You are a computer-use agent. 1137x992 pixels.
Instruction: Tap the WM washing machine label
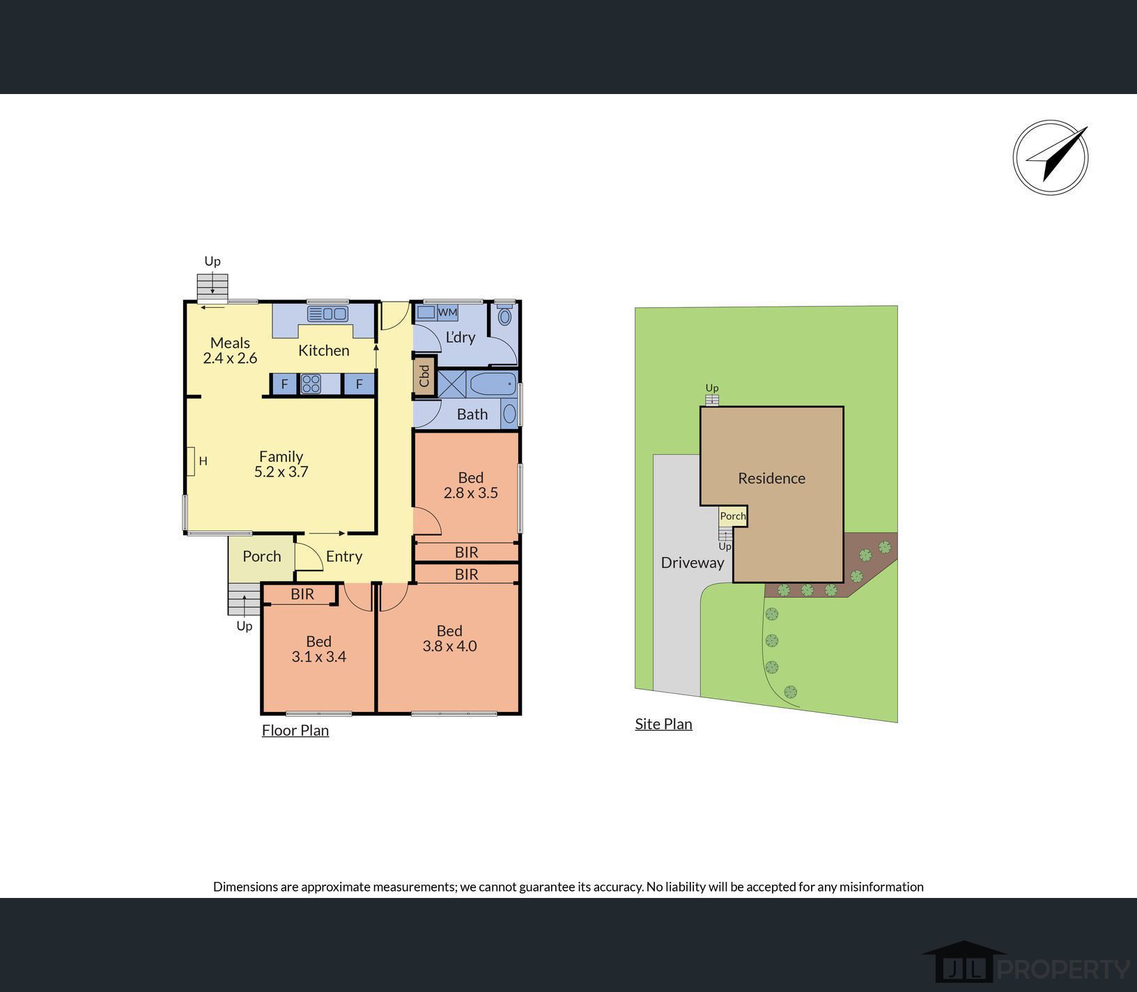coord(447,312)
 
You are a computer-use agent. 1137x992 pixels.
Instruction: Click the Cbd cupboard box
coord(424,376)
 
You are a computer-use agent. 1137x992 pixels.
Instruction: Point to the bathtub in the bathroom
coord(493,384)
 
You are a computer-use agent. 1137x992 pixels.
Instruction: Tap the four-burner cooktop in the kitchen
coord(311,384)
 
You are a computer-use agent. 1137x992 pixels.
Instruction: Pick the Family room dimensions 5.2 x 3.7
coord(281,472)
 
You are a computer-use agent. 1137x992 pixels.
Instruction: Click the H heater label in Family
coord(203,460)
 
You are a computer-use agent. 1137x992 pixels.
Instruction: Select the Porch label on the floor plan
coord(262,556)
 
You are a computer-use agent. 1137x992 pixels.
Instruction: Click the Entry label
coord(344,556)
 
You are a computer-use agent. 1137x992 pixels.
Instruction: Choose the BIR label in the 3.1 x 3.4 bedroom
coord(302,594)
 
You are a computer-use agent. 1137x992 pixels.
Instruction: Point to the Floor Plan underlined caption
coord(295,730)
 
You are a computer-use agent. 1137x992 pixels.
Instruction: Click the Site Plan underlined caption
coord(663,724)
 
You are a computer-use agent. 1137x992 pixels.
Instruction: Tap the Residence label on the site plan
coord(771,478)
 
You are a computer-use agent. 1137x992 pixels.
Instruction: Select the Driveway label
coord(693,562)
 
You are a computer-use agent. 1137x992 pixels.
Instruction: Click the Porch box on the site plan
coord(733,516)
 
